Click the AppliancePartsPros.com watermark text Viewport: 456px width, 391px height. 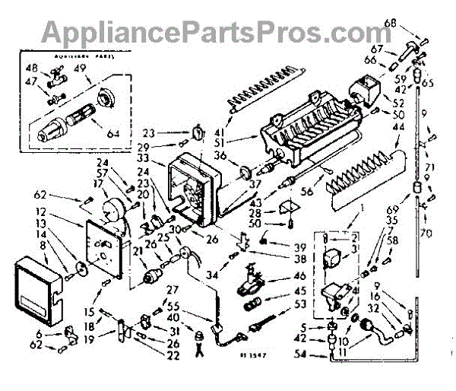pos(227,31)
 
